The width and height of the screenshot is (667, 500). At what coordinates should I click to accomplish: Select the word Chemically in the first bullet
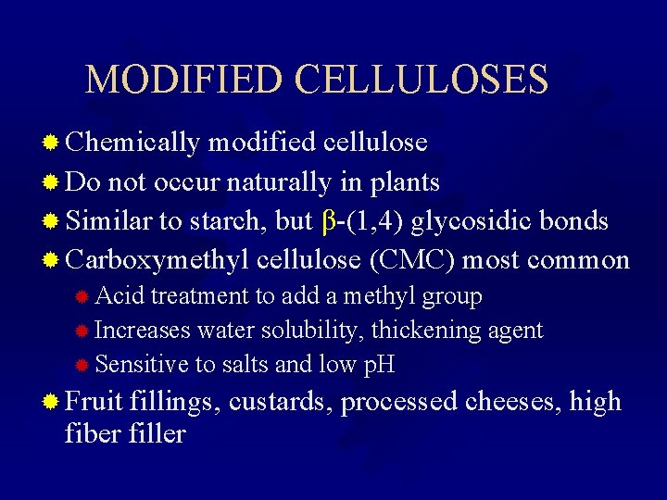click(x=133, y=143)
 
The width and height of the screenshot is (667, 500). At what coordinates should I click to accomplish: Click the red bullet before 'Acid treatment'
click(x=82, y=297)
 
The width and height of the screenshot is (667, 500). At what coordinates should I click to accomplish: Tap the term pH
click(x=377, y=365)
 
